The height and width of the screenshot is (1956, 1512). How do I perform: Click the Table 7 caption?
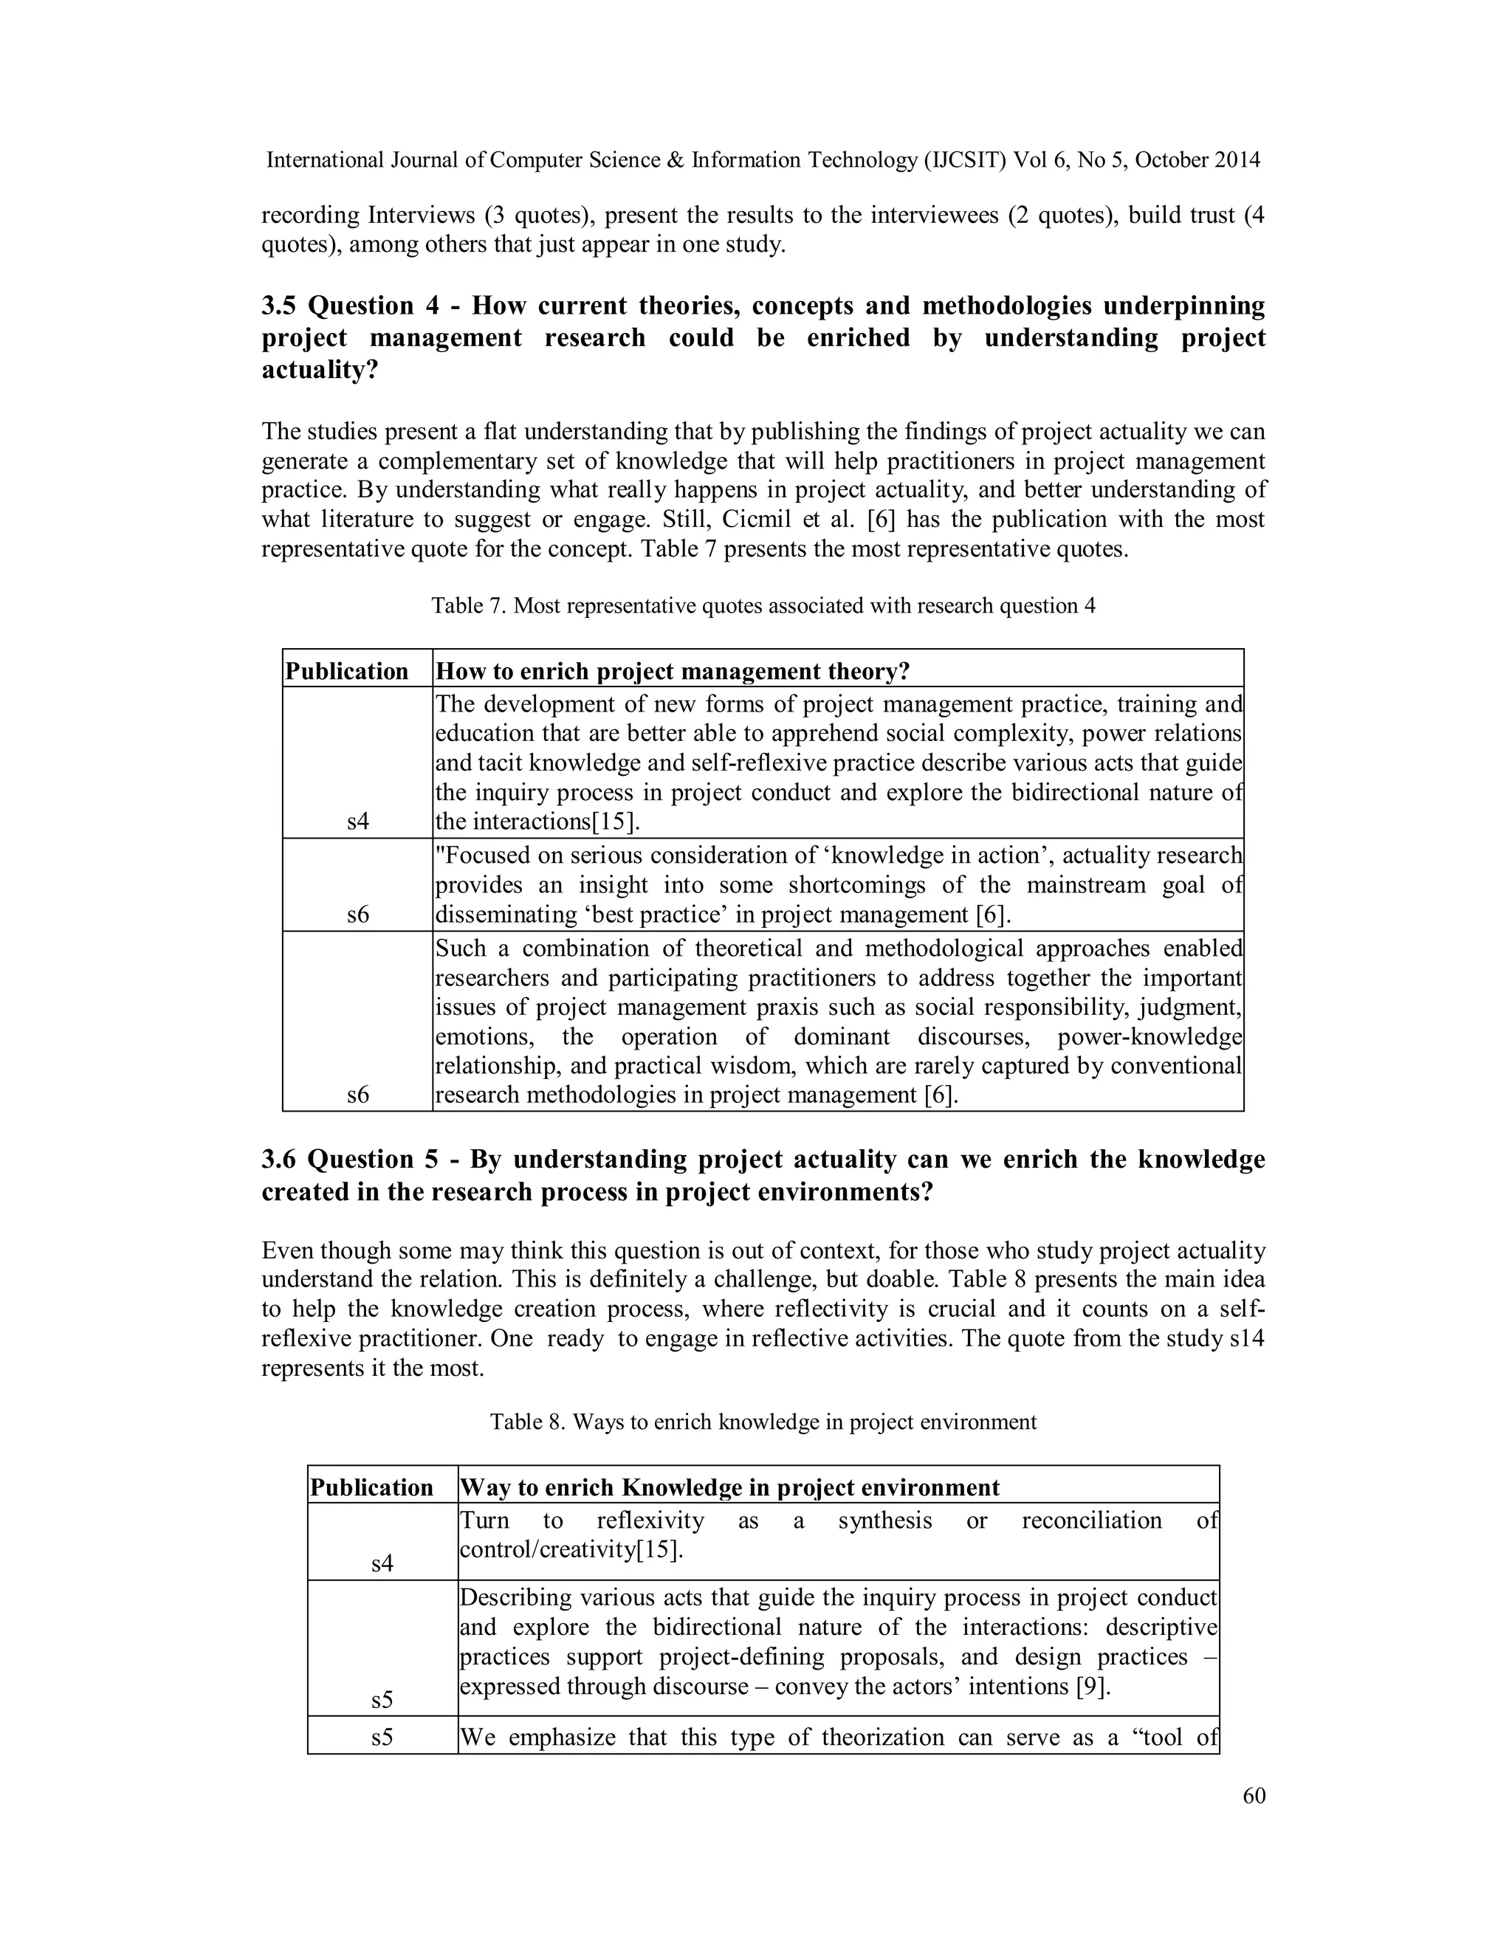pos(763,605)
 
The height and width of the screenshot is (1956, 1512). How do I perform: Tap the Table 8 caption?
pos(763,1422)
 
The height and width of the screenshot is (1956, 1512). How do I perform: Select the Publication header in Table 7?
pos(347,672)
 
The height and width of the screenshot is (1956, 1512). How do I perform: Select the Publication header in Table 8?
pos(372,1487)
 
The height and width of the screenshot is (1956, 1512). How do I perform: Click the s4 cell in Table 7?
pos(357,822)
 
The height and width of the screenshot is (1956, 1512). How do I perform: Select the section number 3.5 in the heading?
pos(281,306)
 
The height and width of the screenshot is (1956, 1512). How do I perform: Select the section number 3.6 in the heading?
pos(281,1160)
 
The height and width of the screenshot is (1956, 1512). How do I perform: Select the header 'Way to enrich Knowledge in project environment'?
pos(730,1487)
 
